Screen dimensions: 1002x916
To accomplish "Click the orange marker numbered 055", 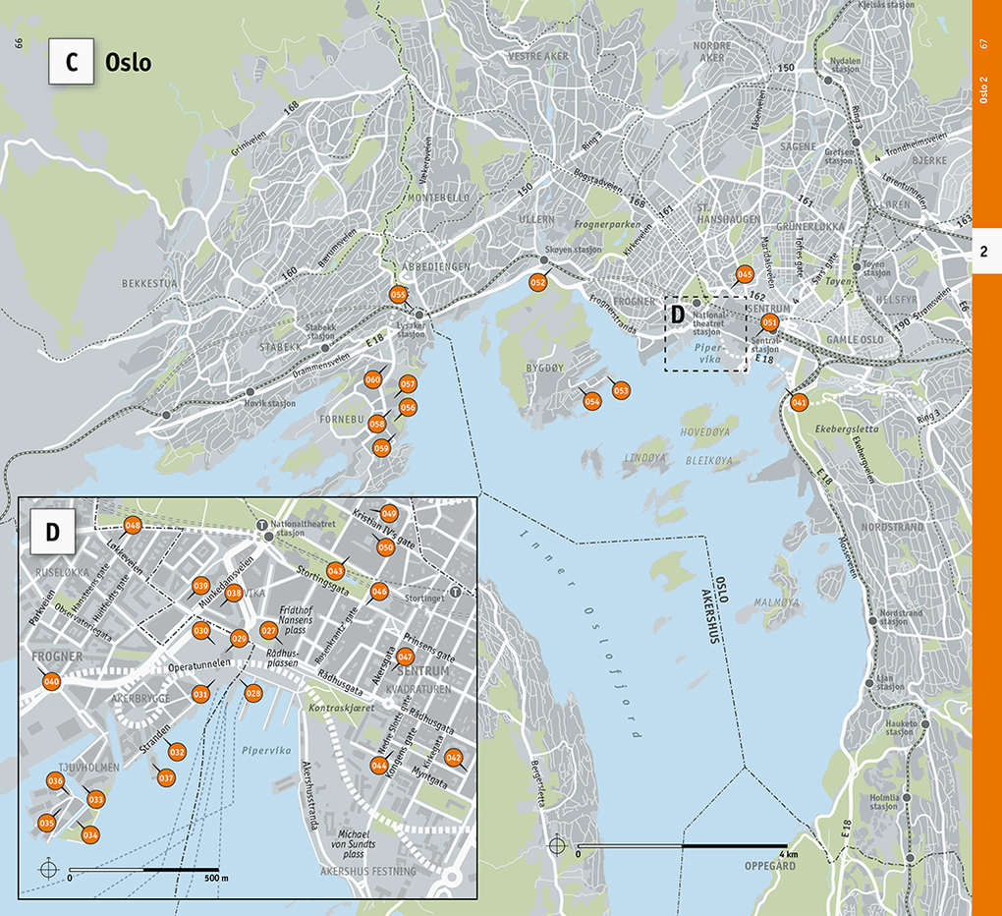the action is click(398, 294).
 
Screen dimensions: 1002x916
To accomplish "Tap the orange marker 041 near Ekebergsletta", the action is click(799, 401).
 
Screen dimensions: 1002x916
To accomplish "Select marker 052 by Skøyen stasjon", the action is click(538, 283).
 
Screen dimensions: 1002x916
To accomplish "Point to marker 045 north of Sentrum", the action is click(745, 274).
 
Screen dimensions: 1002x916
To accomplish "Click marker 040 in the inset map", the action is click(52, 682).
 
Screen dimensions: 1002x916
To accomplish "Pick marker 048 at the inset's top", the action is click(133, 526).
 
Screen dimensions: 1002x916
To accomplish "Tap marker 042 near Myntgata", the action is click(453, 757).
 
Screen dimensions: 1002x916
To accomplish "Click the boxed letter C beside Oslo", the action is click(72, 61).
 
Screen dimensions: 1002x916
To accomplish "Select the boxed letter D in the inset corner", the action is click(53, 532).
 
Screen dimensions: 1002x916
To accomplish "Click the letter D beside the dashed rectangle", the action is click(677, 315).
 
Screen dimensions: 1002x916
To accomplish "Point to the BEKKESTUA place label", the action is click(148, 283).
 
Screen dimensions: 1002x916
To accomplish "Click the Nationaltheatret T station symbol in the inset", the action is click(261, 525).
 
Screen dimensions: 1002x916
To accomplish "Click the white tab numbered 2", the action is click(984, 253).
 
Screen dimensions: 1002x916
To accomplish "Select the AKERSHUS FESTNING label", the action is click(368, 871).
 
